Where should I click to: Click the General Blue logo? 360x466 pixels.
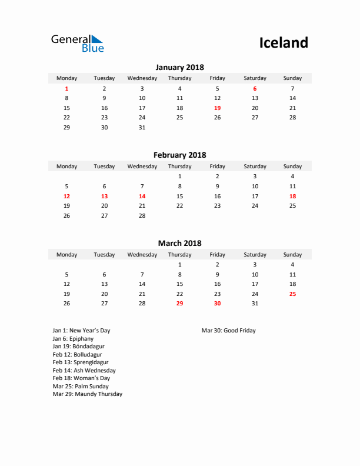pyautogui.click(x=77, y=43)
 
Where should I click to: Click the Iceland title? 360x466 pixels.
pyautogui.click(x=284, y=42)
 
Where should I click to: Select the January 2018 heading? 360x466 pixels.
pyautogui.click(x=179, y=67)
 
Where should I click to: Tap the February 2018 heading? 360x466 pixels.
pyautogui.click(x=179, y=155)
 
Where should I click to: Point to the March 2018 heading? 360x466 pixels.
pyautogui.click(x=179, y=243)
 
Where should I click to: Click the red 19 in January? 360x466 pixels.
pyautogui.click(x=217, y=108)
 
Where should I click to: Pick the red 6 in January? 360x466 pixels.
pyautogui.click(x=255, y=88)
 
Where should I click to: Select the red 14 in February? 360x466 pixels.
pyautogui.click(x=142, y=196)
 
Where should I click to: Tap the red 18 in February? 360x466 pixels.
pyautogui.click(x=292, y=196)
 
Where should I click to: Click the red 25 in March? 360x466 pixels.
pyautogui.click(x=292, y=294)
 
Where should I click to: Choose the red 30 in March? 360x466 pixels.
pyautogui.click(x=217, y=304)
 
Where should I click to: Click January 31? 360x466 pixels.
pyautogui.click(x=142, y=127)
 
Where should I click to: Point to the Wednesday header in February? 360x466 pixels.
pyautogui.click(x=142, y=167)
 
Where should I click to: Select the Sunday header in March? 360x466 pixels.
pyautogui.click(x=292, y=255)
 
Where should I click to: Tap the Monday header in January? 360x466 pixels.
pyautogui.click(x=66, y=78)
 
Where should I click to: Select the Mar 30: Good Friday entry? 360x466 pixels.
pyautogui.click(x=228, y=331)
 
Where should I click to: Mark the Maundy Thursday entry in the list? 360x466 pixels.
pyautogui.click(x=87, y=394)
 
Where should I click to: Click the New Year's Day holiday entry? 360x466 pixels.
pyautogui.click(x=81, y=331)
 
